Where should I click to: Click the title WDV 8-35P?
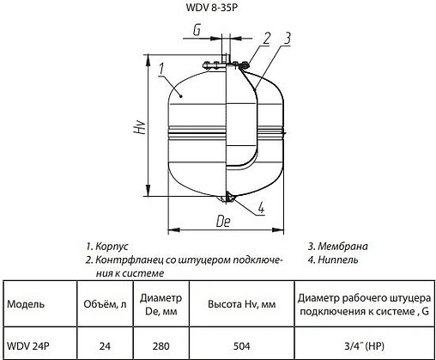tap(218, 11)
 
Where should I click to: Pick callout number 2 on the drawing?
tap(267, 38)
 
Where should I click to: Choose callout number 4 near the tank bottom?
tap(260, 206)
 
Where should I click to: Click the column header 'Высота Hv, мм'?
tap(243, 304)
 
